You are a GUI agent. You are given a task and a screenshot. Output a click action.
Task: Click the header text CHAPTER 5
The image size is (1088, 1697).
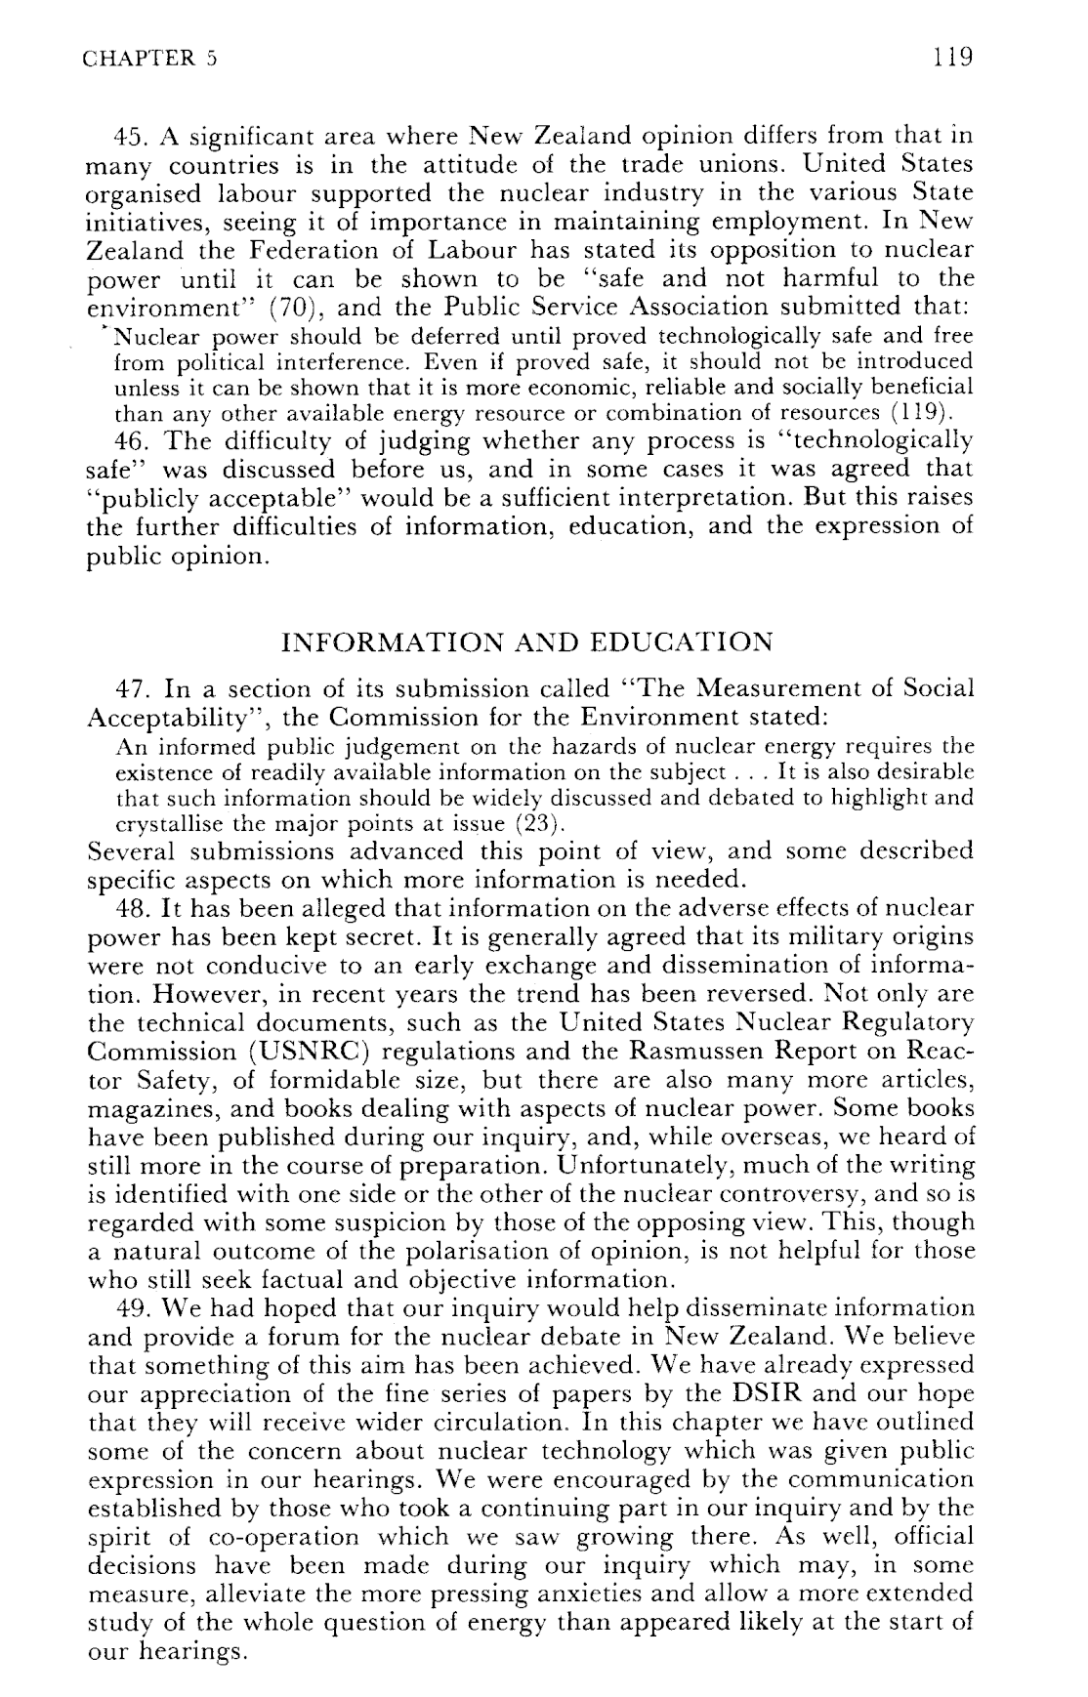[149, 58]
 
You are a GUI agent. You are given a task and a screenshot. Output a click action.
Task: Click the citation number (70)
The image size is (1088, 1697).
[287, 308]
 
